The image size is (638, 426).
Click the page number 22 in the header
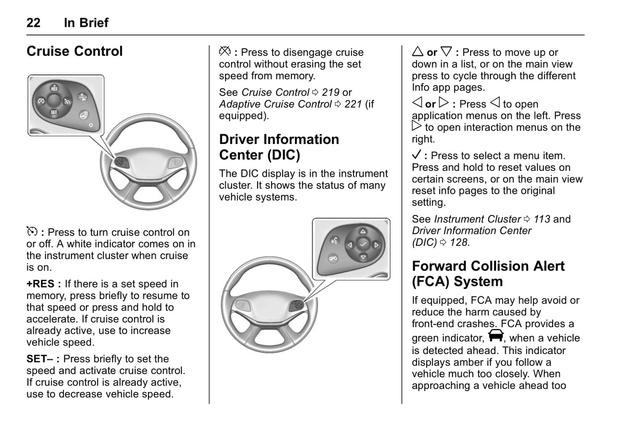pos(34,23)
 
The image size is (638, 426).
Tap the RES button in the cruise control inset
pos(54,87)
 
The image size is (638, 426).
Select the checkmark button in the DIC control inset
pos(363,244)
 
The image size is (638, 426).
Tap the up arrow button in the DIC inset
pos(363,231)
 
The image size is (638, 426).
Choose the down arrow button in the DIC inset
pos(363,257)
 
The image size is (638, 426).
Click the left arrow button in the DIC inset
pos(350,245)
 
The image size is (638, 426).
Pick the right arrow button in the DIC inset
pos(376,245)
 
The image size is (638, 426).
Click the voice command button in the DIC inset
pos(335,241)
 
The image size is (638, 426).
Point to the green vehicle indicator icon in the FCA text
pos(496,336)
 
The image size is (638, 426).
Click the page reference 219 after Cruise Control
pos(331,93)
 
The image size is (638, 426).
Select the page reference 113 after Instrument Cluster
pos(542,219)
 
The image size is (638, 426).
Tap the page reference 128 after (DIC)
pos(458,243)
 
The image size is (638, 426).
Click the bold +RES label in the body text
pos(41,284)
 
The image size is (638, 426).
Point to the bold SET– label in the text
pos(40,359)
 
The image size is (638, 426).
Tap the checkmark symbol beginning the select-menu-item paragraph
pos(416,155)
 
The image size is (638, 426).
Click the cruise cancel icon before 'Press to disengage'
pos(225,52)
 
